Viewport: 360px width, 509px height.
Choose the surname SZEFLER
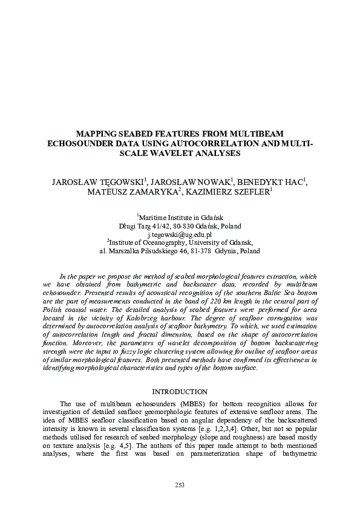pyautogui.click(x=247, y=193)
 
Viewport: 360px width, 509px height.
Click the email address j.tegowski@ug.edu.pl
pyautogui.click(x=180, y=235)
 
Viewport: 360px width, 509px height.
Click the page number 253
pyautogui.click(x=180, y=484)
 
